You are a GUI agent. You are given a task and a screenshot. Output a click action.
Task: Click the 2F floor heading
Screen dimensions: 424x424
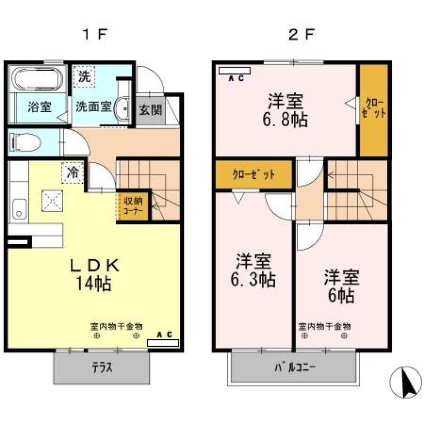point(302,34)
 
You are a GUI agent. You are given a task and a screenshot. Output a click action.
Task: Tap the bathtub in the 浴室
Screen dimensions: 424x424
point(37,80)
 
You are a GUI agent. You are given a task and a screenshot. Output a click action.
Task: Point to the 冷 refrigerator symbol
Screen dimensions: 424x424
point(72,174)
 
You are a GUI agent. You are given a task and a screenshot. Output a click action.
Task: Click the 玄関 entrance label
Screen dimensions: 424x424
point(151,110)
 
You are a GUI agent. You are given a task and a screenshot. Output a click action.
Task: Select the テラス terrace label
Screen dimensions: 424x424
point(102,367)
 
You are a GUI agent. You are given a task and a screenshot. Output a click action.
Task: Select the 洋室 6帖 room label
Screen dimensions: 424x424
point(341,286)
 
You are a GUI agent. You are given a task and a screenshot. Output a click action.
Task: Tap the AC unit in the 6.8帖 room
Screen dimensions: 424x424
point(235,70)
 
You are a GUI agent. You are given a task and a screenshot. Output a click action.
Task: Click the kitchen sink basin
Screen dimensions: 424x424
point(19,209)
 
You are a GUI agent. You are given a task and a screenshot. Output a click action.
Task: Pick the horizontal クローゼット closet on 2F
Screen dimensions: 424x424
point(254,175)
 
